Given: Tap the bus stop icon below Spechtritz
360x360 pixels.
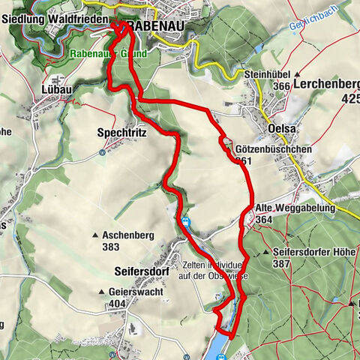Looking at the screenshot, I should tap(103, 152).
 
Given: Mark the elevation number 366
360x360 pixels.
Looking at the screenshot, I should tap(262, 87).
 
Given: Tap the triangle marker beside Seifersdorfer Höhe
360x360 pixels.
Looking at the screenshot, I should tap(268, 253).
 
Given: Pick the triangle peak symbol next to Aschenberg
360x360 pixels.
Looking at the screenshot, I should tap(96, 235).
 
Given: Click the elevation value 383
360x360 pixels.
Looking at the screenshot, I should tap(112, 247).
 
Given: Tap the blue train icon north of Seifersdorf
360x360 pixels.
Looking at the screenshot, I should tap(184, 222).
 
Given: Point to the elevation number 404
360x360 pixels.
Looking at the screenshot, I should tap(117, 304).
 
